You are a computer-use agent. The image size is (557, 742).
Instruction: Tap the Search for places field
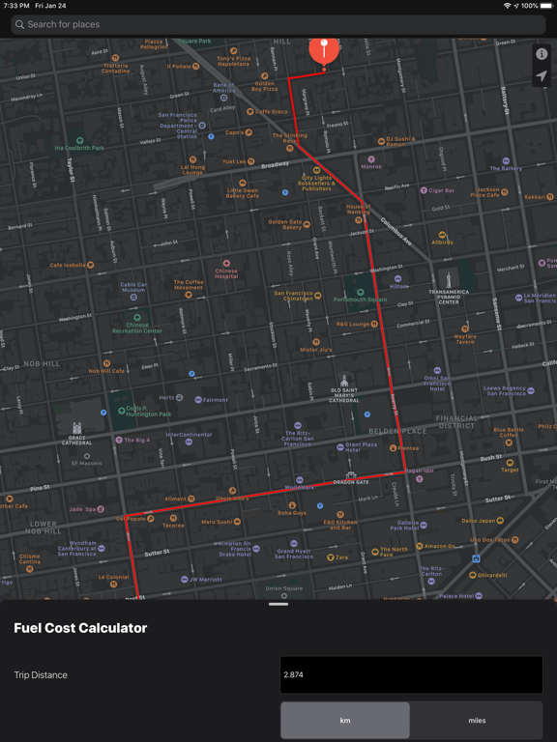(x=278, y=24)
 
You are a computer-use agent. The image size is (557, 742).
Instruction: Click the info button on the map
(x=542, y=54)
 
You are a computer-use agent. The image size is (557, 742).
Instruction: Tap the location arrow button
(x=542, y=77)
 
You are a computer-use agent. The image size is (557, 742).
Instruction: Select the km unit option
(x=345, y=721)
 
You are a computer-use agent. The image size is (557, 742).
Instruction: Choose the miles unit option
(x=477, y=721)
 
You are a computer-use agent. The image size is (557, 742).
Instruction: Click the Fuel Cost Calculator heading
(x=80, y=628)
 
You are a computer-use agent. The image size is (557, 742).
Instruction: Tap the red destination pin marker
(x=324, y=49)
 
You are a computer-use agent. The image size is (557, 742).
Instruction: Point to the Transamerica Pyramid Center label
(x=449, y=295)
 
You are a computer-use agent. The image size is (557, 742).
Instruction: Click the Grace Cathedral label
(x=76, y=437)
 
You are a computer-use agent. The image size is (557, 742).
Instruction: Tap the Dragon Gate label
(x=351, y=479)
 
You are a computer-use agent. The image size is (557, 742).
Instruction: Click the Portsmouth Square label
(x=360, y=299)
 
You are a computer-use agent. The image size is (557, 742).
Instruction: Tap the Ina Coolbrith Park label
(x=79, y=147)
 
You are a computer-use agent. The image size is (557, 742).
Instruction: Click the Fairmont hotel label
(x=214, y=400)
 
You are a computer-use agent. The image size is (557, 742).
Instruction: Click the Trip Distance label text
(x=41, y=675)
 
